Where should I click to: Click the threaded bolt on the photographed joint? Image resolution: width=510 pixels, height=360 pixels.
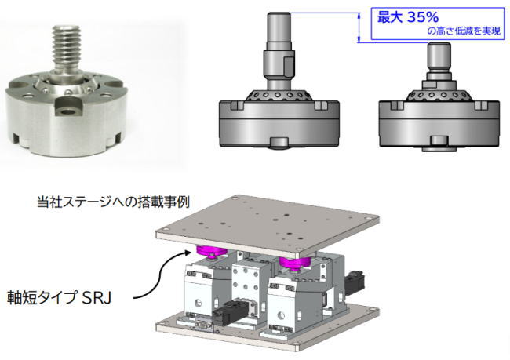point(67,49)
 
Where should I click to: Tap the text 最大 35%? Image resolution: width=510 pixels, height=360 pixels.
point(407,17)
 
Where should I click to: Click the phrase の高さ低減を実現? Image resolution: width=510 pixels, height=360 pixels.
point(464,31)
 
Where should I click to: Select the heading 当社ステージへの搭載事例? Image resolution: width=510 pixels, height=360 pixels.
point(113,202)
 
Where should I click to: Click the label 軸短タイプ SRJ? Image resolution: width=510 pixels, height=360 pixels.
point(59,297)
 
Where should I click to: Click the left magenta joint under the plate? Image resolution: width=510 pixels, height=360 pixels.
point(212,252)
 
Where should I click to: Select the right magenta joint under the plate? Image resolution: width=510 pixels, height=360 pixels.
point(295,262)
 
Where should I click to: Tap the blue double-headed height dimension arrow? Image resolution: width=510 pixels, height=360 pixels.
point(359,27)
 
